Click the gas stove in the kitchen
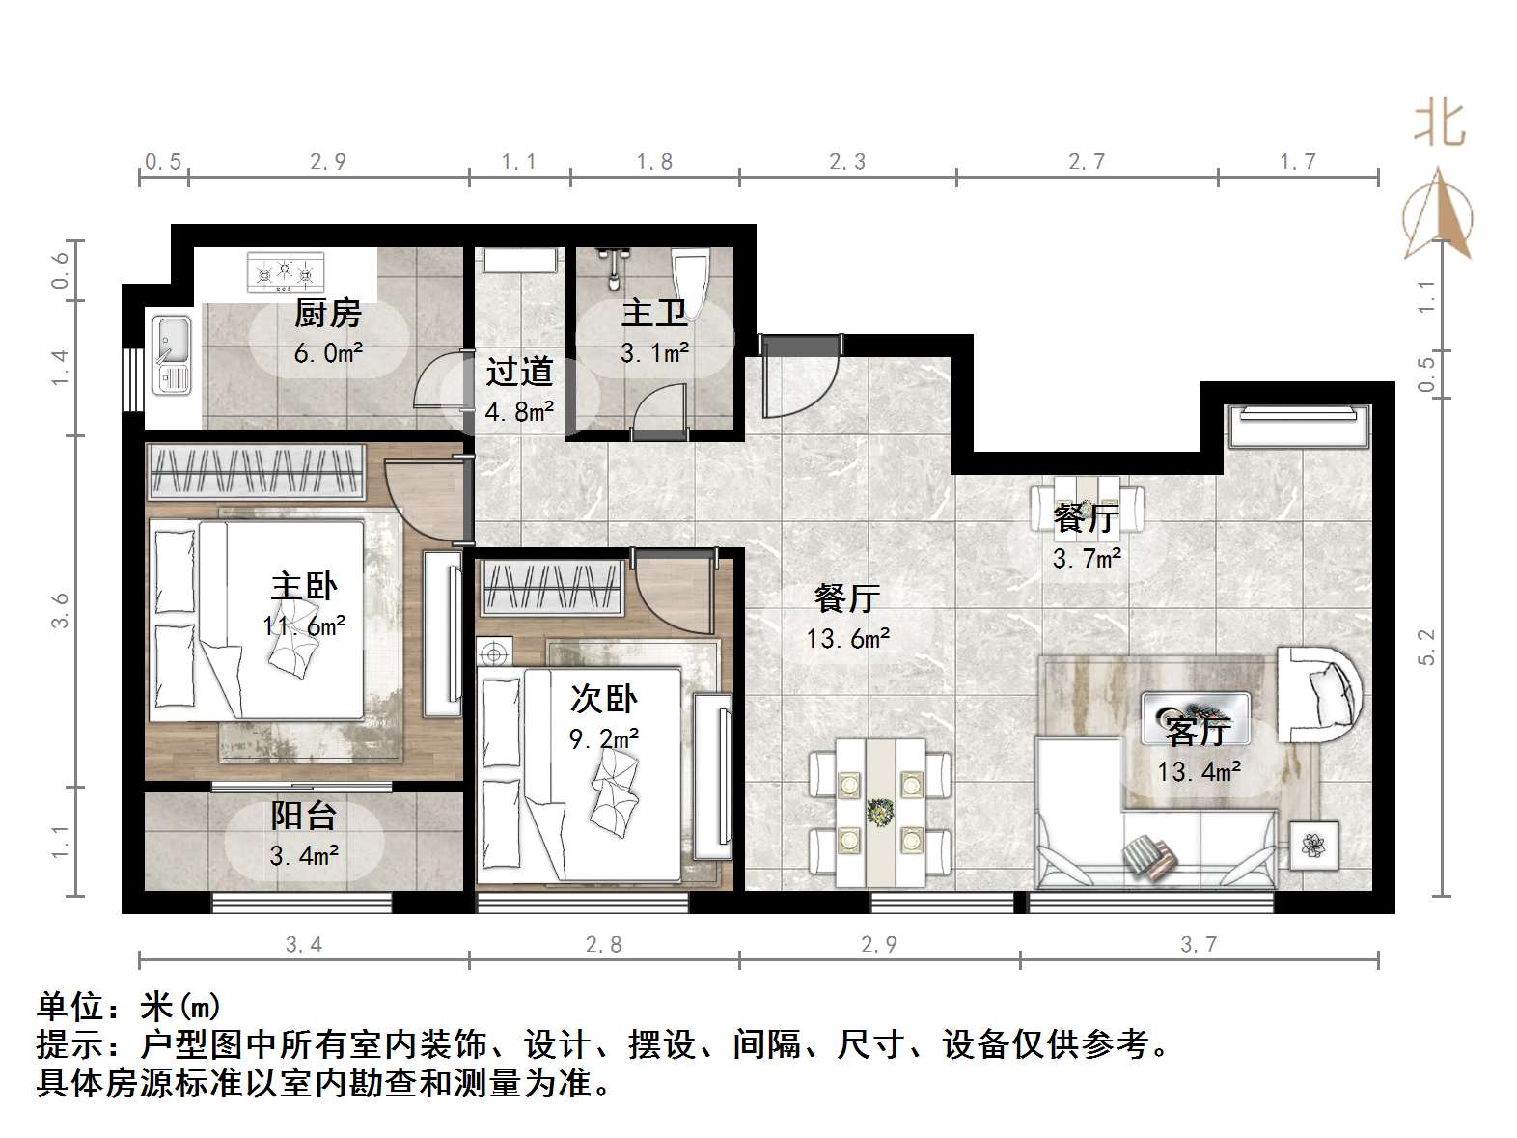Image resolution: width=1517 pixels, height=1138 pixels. tap(285, 272)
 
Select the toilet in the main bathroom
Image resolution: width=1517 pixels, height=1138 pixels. tap(691, 274)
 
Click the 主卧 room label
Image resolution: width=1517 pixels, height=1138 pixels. tap(303, 586)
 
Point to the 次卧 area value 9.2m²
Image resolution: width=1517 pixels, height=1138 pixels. tap(603, 739)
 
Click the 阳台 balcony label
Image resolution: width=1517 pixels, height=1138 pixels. tap(303, 816)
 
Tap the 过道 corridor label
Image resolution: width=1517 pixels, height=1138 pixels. tap(519, 372)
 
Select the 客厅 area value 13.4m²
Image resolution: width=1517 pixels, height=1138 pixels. tap(1199, 771)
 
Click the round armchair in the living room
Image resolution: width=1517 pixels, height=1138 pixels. tap(1320, 693)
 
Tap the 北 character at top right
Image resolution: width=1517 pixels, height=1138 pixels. tap(1440, 124)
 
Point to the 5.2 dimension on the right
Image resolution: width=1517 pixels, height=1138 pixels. tap(1427, 647)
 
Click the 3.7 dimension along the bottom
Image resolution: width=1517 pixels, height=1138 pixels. tap(1199, 944)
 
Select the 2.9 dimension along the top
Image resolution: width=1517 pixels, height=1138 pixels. tap(328, 161)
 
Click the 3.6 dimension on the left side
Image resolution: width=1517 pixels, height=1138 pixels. tap(61, 610)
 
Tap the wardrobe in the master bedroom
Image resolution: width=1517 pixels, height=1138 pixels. tap(256, 472)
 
